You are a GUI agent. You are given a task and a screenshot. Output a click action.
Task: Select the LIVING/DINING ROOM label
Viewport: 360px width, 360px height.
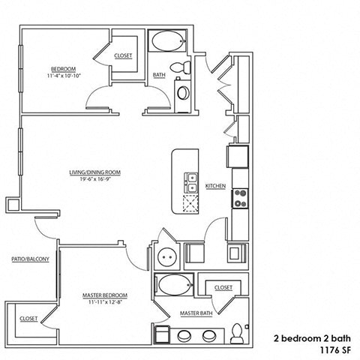[94, 172]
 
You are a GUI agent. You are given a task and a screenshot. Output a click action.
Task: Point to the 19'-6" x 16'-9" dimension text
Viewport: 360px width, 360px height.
[95, 180]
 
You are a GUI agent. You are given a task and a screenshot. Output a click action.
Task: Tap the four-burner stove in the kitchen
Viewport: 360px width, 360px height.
[241, 198]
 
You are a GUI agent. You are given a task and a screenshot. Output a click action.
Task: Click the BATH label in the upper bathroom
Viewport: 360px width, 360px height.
[159, 75]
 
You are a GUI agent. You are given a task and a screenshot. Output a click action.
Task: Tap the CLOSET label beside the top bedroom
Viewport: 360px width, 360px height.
[124, 55]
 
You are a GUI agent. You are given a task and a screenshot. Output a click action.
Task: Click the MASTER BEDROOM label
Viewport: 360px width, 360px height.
[104, 295]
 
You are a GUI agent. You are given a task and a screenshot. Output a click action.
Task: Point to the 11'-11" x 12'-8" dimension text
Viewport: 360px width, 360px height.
[104, 304]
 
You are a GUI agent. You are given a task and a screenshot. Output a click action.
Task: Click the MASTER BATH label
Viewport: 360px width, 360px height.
[193, 312]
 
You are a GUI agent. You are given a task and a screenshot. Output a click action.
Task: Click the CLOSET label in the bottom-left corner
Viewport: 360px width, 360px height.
[28, 318]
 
